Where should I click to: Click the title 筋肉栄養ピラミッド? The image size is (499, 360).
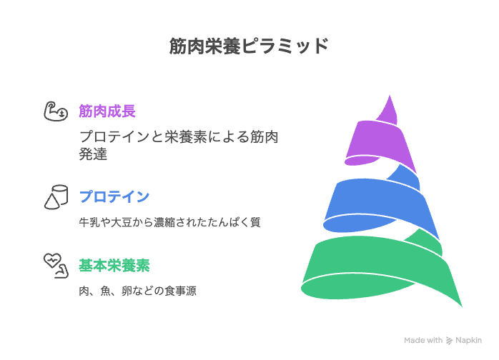(x=249, y=46)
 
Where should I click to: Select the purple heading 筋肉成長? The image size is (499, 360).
(x=107, y=111)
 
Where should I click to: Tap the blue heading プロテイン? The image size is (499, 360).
(x=114, y=196)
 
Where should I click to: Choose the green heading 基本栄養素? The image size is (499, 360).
(x=114, y=266)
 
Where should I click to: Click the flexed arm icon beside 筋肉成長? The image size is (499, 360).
(x=56, y=111)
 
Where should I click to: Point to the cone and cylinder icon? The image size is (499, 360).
(x=56, y=197)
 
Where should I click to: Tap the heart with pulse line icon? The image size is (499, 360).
(x=56, y=266)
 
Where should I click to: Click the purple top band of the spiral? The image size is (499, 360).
(x=379, y=140)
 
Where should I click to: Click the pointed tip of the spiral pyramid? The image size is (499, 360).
(x=390, y=95)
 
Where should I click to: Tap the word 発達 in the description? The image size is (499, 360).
(x=93, y=154)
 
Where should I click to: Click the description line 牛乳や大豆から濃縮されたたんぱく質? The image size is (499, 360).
(x=169, y=222)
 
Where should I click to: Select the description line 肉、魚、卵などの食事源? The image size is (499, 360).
(x=137, y=291)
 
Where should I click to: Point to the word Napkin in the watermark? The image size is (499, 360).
(x=468, y=340)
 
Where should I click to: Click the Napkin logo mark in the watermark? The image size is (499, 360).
(x=449, y=341)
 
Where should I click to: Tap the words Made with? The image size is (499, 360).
(x=423, y=340)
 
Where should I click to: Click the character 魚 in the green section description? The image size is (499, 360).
(x=105, y=291)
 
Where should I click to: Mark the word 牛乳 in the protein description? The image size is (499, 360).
(x=89, y=222)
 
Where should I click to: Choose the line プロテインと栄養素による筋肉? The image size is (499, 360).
(x=179, y=136)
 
